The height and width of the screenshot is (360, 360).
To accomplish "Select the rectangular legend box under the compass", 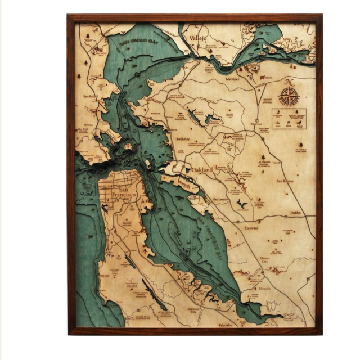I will point(289,119).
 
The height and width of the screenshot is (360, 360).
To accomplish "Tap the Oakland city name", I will point(202,169).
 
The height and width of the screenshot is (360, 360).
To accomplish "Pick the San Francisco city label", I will point(116,191).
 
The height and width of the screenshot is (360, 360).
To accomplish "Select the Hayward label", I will point(251,229).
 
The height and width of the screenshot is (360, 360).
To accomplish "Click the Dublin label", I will point(295,213).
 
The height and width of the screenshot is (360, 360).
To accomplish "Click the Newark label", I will point(264,289).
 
